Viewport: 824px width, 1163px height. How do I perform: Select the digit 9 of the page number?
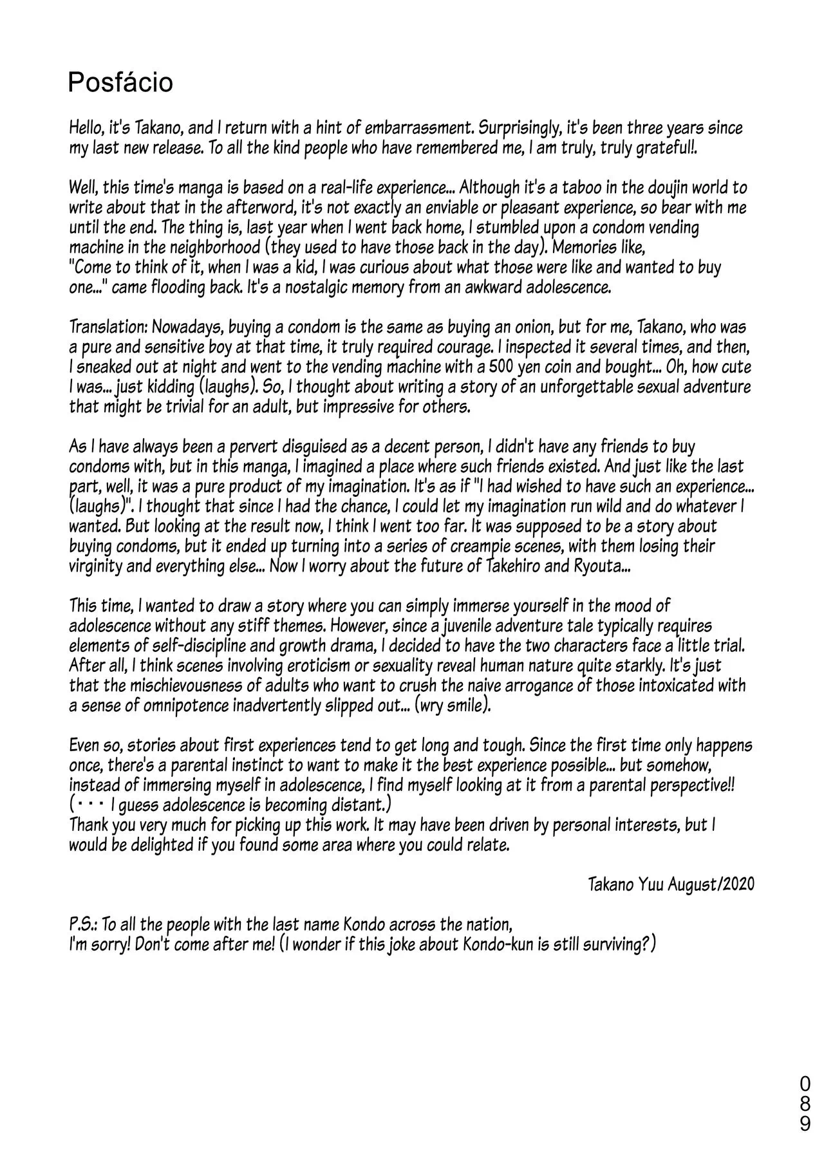(805, 1143)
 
